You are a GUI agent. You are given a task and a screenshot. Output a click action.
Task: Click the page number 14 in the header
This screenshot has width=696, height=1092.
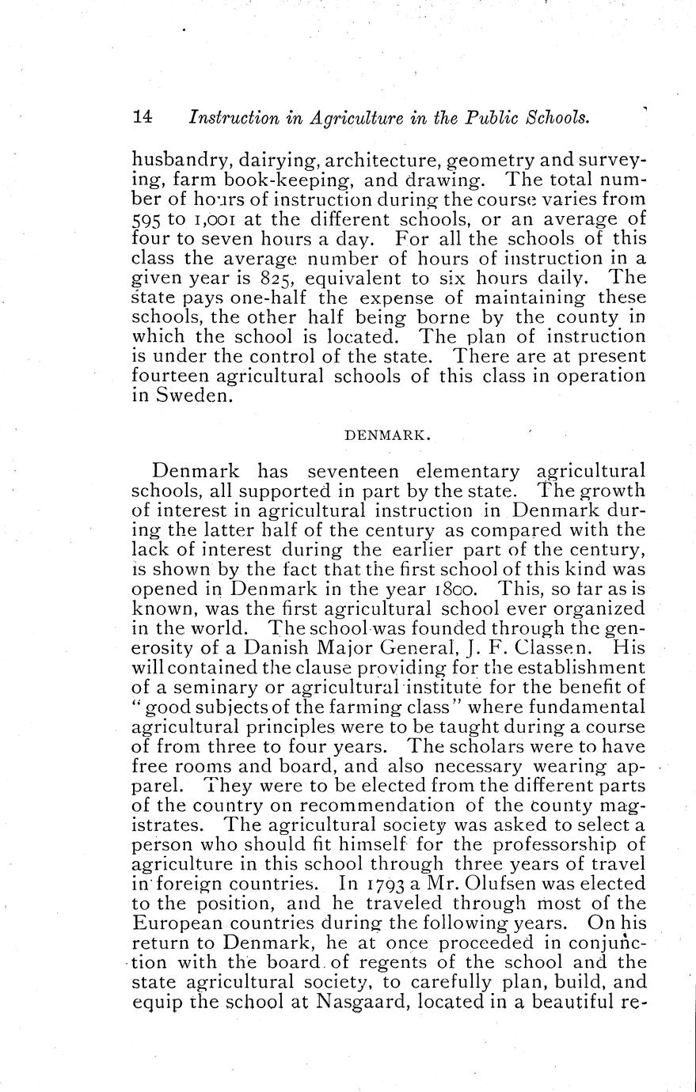143,117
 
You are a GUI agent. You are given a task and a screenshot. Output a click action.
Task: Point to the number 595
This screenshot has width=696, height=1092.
146,220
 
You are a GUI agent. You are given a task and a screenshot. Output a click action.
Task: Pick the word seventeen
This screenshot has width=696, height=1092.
352,471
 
